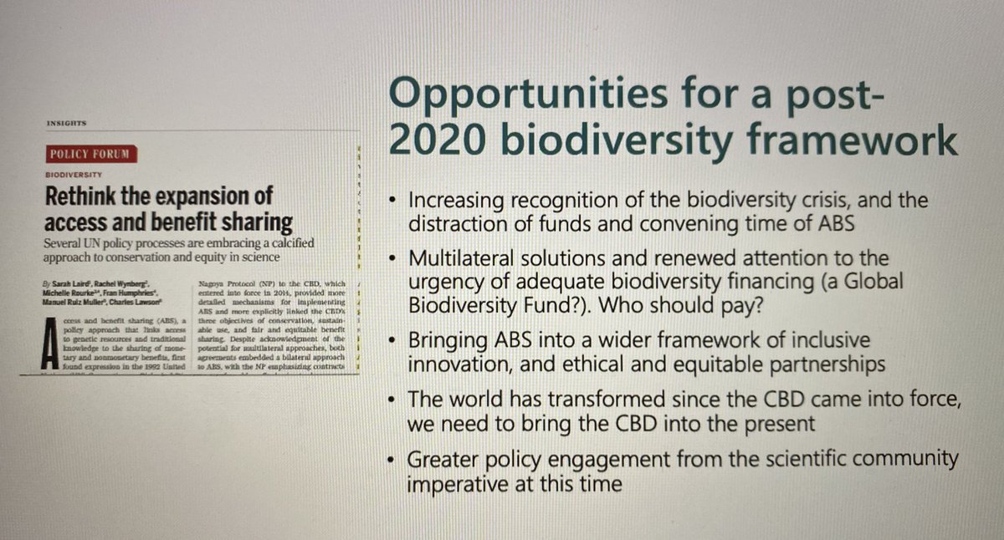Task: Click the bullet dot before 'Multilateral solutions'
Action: click(x=392, y=259)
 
